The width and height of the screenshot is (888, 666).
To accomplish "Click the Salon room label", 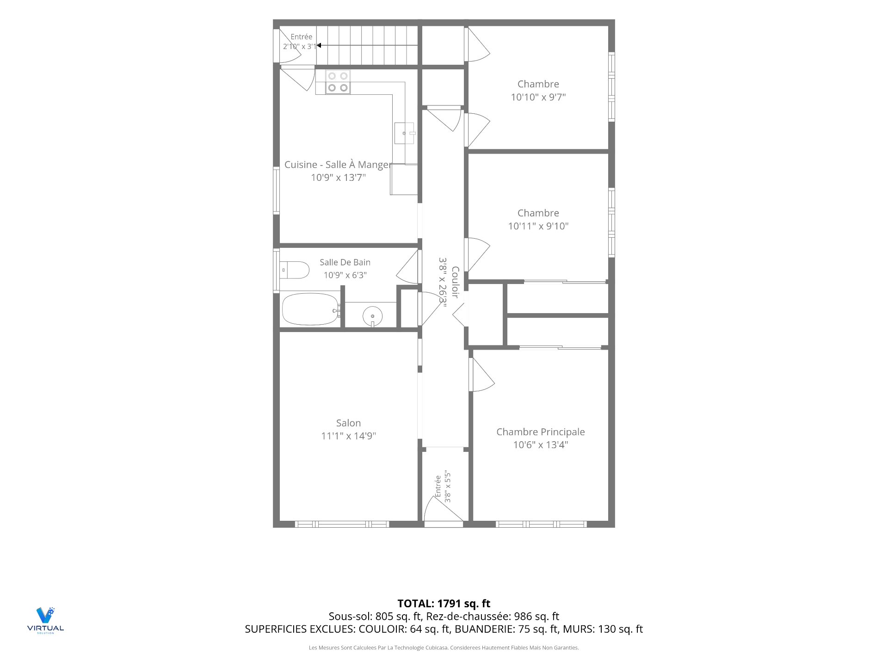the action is [x=348, y=423].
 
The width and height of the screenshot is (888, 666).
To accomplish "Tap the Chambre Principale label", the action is [x=541, y=432].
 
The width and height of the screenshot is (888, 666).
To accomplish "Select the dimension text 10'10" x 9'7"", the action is [x=538, y=97].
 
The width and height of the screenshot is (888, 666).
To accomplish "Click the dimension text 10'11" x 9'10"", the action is [x=538, y=226].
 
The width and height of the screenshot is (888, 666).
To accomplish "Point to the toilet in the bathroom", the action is [x=294, y=270].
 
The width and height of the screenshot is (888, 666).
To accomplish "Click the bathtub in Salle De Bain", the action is [x=310, y=309].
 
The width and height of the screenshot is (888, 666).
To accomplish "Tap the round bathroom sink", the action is [x=372, y=316].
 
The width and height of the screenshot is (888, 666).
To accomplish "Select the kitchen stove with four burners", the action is [x=338, y=82].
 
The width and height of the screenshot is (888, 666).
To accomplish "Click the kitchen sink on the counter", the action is [x=405, y=133].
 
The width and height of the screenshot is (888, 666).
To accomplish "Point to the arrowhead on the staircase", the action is [x=319, y=45].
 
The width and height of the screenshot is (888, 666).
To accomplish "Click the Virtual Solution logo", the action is [x=45, y=620].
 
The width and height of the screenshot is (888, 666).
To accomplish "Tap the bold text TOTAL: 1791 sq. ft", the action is [x=444, y=604].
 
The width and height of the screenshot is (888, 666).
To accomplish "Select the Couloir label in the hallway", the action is [x=455, y=282].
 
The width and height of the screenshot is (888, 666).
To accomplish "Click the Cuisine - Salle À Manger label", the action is [x=338, y=165].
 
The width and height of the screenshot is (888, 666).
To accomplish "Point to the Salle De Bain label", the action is [x=345, y=262].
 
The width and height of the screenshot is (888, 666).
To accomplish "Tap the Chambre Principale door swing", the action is [x=482, y=375].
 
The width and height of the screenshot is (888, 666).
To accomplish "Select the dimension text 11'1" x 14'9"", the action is [x=349, y=436].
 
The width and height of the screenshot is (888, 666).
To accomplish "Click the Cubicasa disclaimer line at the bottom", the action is [x=444, y=648].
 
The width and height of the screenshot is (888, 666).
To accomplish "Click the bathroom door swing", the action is [x=407, y=267].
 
